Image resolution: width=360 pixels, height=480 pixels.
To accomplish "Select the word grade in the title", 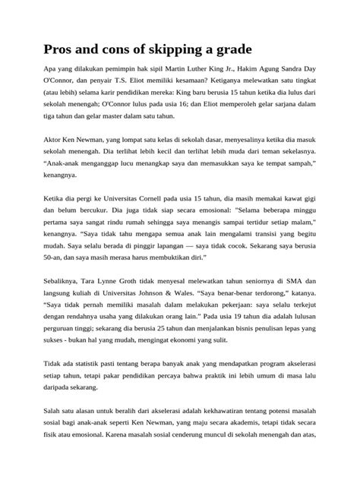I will point(254,50).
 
